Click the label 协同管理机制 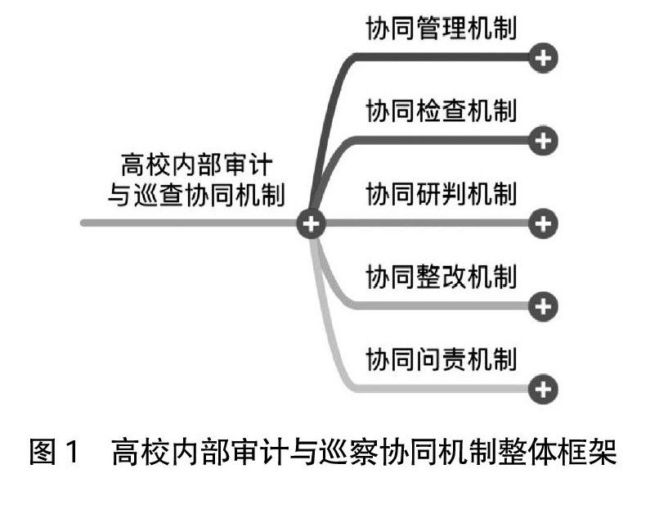tap(442, 29)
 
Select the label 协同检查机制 tap(442, 110)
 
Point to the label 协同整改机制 tap(442, 277)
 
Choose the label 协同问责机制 tap(442, 359)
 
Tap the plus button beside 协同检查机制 tap(543, 141)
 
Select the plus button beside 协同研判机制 tap(543, 223)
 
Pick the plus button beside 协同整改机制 tap(543, 306)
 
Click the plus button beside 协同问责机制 tap(543, 389)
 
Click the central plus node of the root tap(311, 223)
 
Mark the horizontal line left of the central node tap(188, 223)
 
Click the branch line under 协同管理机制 tap(442, 57)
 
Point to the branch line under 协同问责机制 tap(442, 389)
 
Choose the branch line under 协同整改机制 tap(442, 306)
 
